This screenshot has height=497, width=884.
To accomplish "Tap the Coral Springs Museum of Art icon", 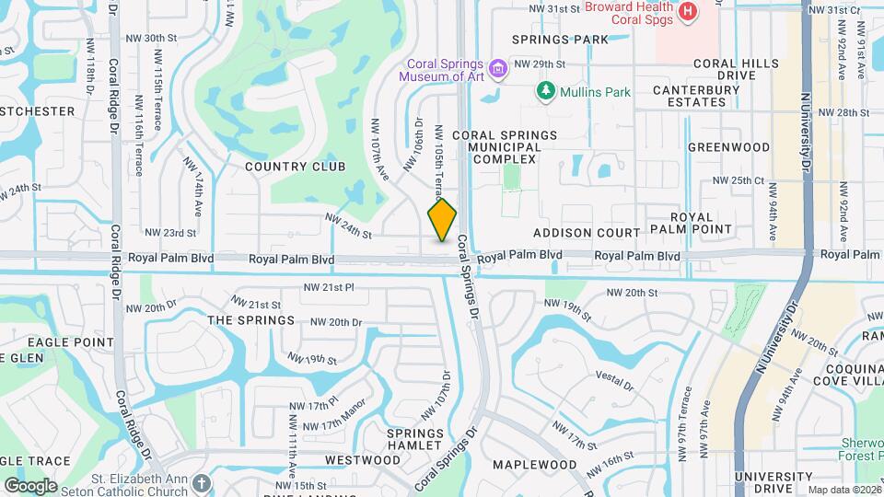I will pyautogui.click(x=498, y=68).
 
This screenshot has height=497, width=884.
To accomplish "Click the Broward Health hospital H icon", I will pyautogui.click(x=687, y=12).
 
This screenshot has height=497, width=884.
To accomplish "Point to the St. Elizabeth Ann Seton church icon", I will pyautogui.click(x=202, y=482).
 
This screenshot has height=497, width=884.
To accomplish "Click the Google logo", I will pyautogui.click(x=30, y=486).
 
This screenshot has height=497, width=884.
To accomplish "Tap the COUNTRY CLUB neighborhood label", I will pyautogui.click(x=296, y=167).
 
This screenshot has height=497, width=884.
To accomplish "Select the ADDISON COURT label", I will pyautogui.click(x=586, y=233).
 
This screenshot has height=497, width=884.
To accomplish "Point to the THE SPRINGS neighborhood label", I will pyautogui.click(x=251, y=320).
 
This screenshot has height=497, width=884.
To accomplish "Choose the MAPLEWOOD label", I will pyautogui.click(x=534, y=466).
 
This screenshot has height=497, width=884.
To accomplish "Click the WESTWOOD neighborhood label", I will pyautogui.click(x=363, y=460).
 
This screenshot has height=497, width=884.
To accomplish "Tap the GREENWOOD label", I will pyautogui.click(x=728, y=147).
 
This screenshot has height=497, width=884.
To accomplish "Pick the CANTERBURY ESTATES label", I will pyautogui.click(x=696, y=96).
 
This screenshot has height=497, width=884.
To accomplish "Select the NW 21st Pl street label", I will pyautogui.click(x=331, y=287).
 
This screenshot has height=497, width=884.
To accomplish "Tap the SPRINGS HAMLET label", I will pyautogui.click(x=414, y=439).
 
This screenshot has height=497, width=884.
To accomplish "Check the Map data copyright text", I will pyautogui.click(x=843, y=490).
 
